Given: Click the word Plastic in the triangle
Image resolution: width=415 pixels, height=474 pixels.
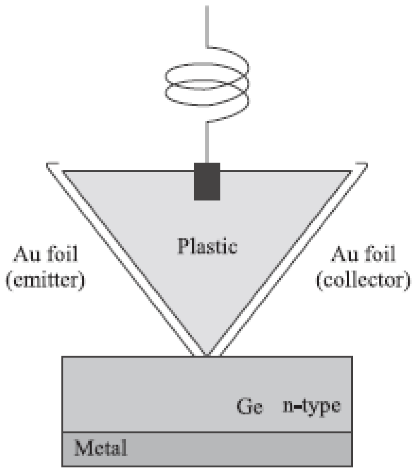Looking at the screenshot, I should click(207, 246).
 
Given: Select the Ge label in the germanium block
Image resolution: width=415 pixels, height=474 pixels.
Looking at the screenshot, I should click(250, 407).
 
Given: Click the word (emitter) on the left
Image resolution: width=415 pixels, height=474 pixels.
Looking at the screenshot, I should click(45, 280).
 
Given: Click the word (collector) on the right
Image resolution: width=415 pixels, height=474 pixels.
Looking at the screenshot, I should click(363, 280).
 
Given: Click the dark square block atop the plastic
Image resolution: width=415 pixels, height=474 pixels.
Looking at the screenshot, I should click(207, 181).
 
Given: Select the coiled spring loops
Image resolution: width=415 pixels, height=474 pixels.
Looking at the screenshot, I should click(207, 85).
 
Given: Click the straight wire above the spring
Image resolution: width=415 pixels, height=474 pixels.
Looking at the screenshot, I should click(207, 25).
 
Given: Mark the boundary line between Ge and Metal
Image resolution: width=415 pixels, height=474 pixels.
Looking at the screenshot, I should click(207, 432).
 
